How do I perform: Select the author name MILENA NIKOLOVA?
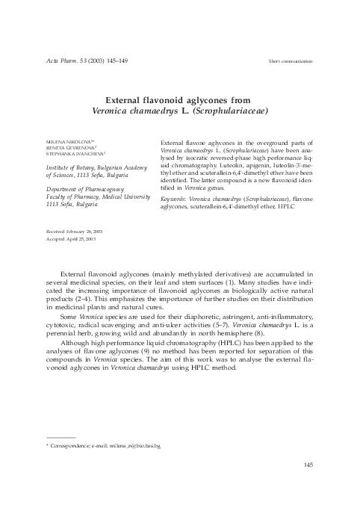(x=68, y=141)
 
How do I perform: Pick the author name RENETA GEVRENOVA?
(x=68, y=148)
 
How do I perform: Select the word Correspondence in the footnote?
(x=72, y=446)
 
